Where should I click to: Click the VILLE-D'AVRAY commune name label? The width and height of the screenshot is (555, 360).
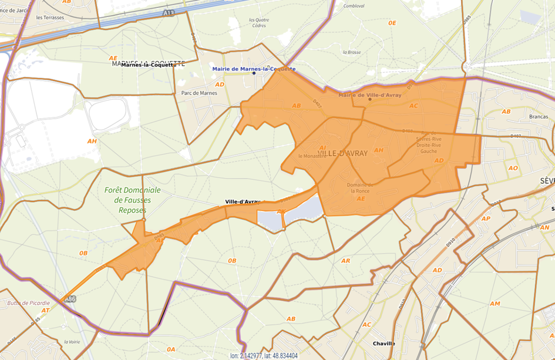pos(342,153)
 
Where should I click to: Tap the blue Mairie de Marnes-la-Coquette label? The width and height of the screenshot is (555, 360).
pos(254,69)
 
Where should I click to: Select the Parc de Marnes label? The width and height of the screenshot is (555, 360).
pos(199,93)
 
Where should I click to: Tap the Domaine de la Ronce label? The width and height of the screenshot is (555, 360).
pos(358,187)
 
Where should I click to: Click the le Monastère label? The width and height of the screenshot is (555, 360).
pos(312,156)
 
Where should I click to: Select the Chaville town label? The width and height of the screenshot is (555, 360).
pos(384,344)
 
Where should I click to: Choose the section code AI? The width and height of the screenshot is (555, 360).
pos(322,148)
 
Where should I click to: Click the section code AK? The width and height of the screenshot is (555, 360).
pos(281,211)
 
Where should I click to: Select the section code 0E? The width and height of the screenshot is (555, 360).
pos(392,23)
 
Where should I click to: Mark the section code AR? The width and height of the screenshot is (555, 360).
pos(345,260)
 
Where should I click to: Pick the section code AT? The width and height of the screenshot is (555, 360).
pos(45,309)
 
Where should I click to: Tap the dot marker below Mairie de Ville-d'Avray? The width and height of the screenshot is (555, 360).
pos(369,99)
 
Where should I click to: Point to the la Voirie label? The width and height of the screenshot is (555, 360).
pos(70,342)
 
